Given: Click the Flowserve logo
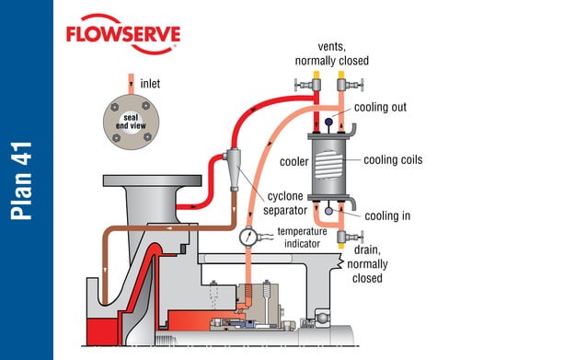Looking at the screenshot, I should click(x=122, y=35).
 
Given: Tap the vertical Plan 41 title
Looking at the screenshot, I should click(x=25, y=180).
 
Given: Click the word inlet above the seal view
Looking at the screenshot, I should click(x=151, y=84).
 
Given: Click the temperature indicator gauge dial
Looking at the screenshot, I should click(x=247, y=237).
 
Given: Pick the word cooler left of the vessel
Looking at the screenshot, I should click(x=289, y=162).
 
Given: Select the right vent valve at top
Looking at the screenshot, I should click(x=343, y=85).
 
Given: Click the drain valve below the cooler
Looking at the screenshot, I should click(x=342, y=238).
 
